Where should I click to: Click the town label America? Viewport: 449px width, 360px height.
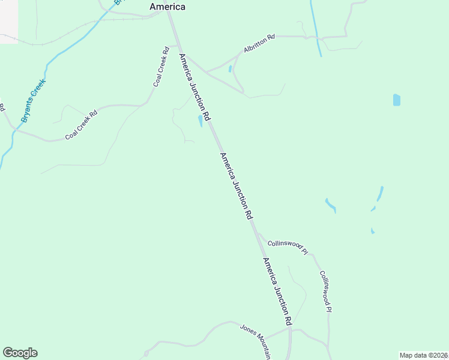point(167,7)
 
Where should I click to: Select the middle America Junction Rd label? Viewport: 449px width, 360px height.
point(235,186)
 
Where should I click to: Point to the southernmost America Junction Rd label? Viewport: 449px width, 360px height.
point(277,292)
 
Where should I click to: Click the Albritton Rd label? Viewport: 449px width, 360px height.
point(259,44)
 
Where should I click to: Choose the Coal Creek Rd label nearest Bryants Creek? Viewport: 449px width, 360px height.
point(81,125)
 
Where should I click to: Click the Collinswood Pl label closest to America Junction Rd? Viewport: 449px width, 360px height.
point(287,247)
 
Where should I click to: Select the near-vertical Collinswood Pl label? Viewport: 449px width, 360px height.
point(325,291)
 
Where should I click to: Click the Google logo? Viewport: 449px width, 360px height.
point(20,353)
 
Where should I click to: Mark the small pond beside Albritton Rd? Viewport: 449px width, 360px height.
point(230,69)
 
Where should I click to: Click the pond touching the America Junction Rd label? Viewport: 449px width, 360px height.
point(200,121)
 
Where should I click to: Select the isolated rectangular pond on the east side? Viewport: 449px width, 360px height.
point(396,100)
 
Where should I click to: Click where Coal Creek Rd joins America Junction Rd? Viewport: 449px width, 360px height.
point(178,45)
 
